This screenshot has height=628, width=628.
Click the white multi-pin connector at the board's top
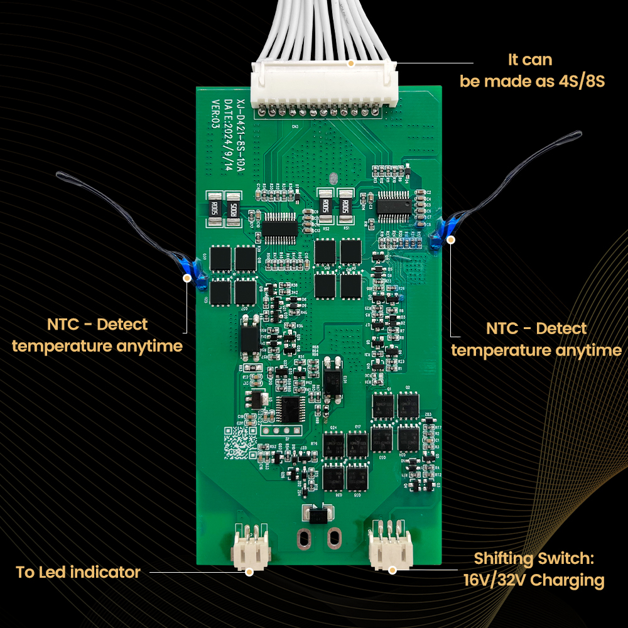click(324, 88)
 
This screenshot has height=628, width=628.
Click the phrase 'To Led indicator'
click(78, 572)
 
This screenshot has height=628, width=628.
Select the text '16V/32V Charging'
click(534, 580)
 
